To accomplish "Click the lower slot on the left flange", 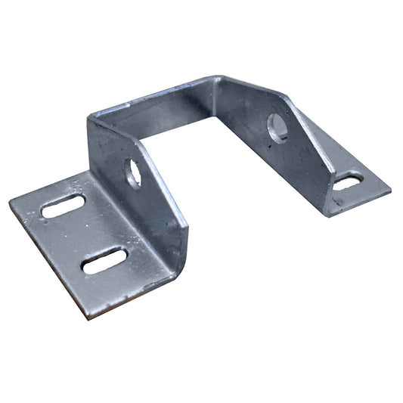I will (104, 261).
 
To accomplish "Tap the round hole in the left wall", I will (133, 173).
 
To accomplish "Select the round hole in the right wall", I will (277, 128).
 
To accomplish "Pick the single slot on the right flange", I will (348, 181).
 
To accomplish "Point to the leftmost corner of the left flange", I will (10, 203).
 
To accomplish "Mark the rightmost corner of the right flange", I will (391, 189).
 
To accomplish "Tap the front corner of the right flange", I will (328, 216).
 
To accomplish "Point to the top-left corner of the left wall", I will (89, 119).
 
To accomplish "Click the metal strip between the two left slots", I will (83, 233).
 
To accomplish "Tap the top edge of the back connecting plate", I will (151, 95).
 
